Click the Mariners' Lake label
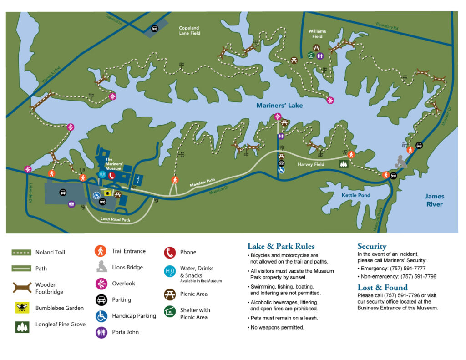279,106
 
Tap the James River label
434,200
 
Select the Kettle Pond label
356,195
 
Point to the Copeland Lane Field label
189,30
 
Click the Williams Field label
317,34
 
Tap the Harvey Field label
311,164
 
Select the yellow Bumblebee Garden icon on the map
107,193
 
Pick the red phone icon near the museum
111,176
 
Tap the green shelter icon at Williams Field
311,56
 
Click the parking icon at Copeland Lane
155,28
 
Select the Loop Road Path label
116,220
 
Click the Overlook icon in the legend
101,284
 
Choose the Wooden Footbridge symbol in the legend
22,288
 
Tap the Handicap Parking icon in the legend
101,316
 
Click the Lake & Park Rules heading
281,247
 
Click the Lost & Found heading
382,287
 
